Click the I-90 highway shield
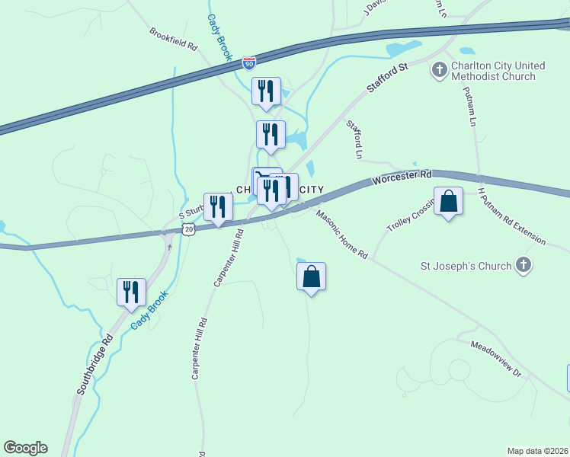click(x=249, y=62)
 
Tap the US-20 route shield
click(x=188, y=228)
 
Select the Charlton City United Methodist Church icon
click(x=439, y=71)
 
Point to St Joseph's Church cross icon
click(x=523, y=266)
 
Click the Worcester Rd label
click(x=402, y=178)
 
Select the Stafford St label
click(x=387, y=78)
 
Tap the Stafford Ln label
click(x=354, y=139)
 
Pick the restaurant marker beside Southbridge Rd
click(x=131, y=292)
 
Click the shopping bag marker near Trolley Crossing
click(x=448, y=202)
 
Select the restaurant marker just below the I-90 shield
click(x=266, y=91)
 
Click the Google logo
click(x=25, y=448)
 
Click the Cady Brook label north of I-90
click(x=219, y=34)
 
